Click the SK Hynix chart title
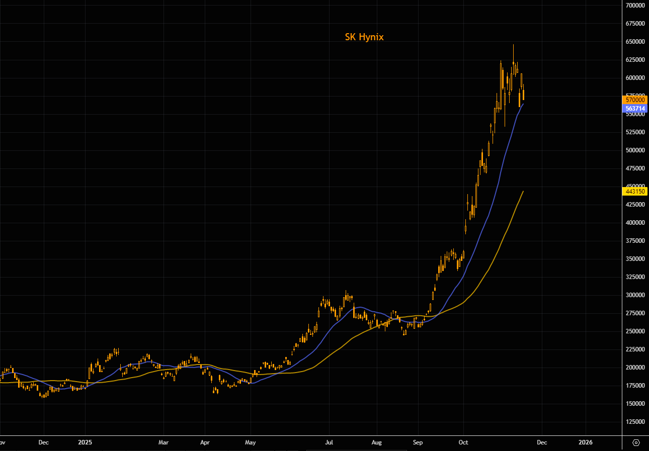pos(364,37)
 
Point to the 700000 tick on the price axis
pos(635,5)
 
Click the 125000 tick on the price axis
pos(635,421)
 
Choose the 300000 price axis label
pos(635,295)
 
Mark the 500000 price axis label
pos(635,150)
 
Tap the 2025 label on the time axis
pos(85,443)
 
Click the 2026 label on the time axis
pos(586,443)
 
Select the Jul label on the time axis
pos(329,443)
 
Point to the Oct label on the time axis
pos(463,443)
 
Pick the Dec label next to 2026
pos(541,443)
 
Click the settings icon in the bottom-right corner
pos(636,442)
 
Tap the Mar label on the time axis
pos(164,443)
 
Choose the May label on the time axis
pos(251,443)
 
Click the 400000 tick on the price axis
pos(635,222)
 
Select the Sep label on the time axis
pos(418,443)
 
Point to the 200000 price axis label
pos(635,367)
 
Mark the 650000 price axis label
pos(635,41)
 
